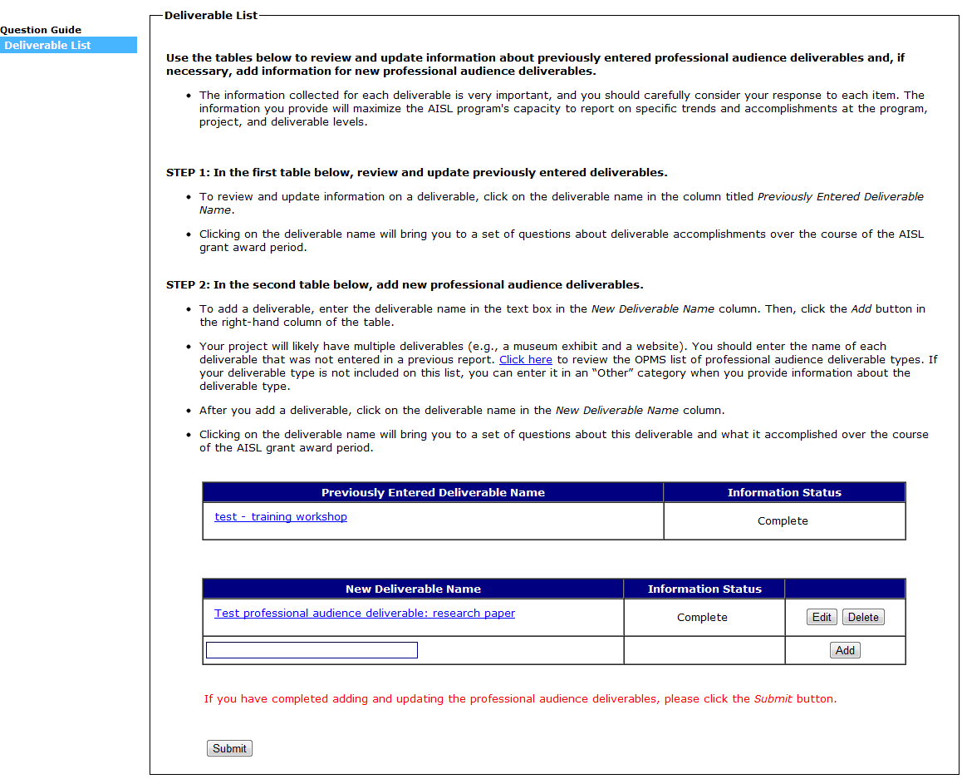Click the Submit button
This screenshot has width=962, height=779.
click(229, 748)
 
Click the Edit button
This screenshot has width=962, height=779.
click(822, 617)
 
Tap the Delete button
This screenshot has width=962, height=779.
click(863, 617)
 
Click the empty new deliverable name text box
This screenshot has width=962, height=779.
click(312, 650)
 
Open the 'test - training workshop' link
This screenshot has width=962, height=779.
click(281, 517)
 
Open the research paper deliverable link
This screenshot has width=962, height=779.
click(365, 614)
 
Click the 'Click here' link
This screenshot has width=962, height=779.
click(525, 360)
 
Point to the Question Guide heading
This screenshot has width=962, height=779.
click(41, 30)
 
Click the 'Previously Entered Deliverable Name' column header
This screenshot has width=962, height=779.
click(433, 493)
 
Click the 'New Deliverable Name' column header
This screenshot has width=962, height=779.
click(413, 589)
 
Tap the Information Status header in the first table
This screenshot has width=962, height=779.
click(784, 493)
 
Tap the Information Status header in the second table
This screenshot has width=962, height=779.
click(704, 589)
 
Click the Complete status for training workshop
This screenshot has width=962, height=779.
click(783, 521)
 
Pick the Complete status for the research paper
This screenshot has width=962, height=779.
click(702, 618)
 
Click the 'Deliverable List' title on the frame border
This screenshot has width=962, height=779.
click(211, 15)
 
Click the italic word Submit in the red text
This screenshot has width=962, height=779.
click(773, 699)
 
